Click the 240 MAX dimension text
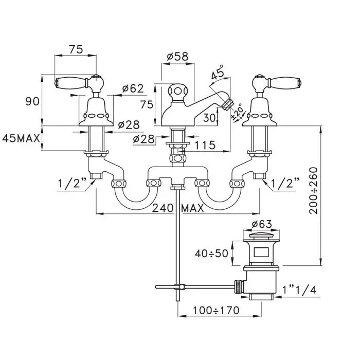(x=178, y=208)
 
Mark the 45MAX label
(x=21, y=138)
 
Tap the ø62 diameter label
(x=132, y=88)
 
